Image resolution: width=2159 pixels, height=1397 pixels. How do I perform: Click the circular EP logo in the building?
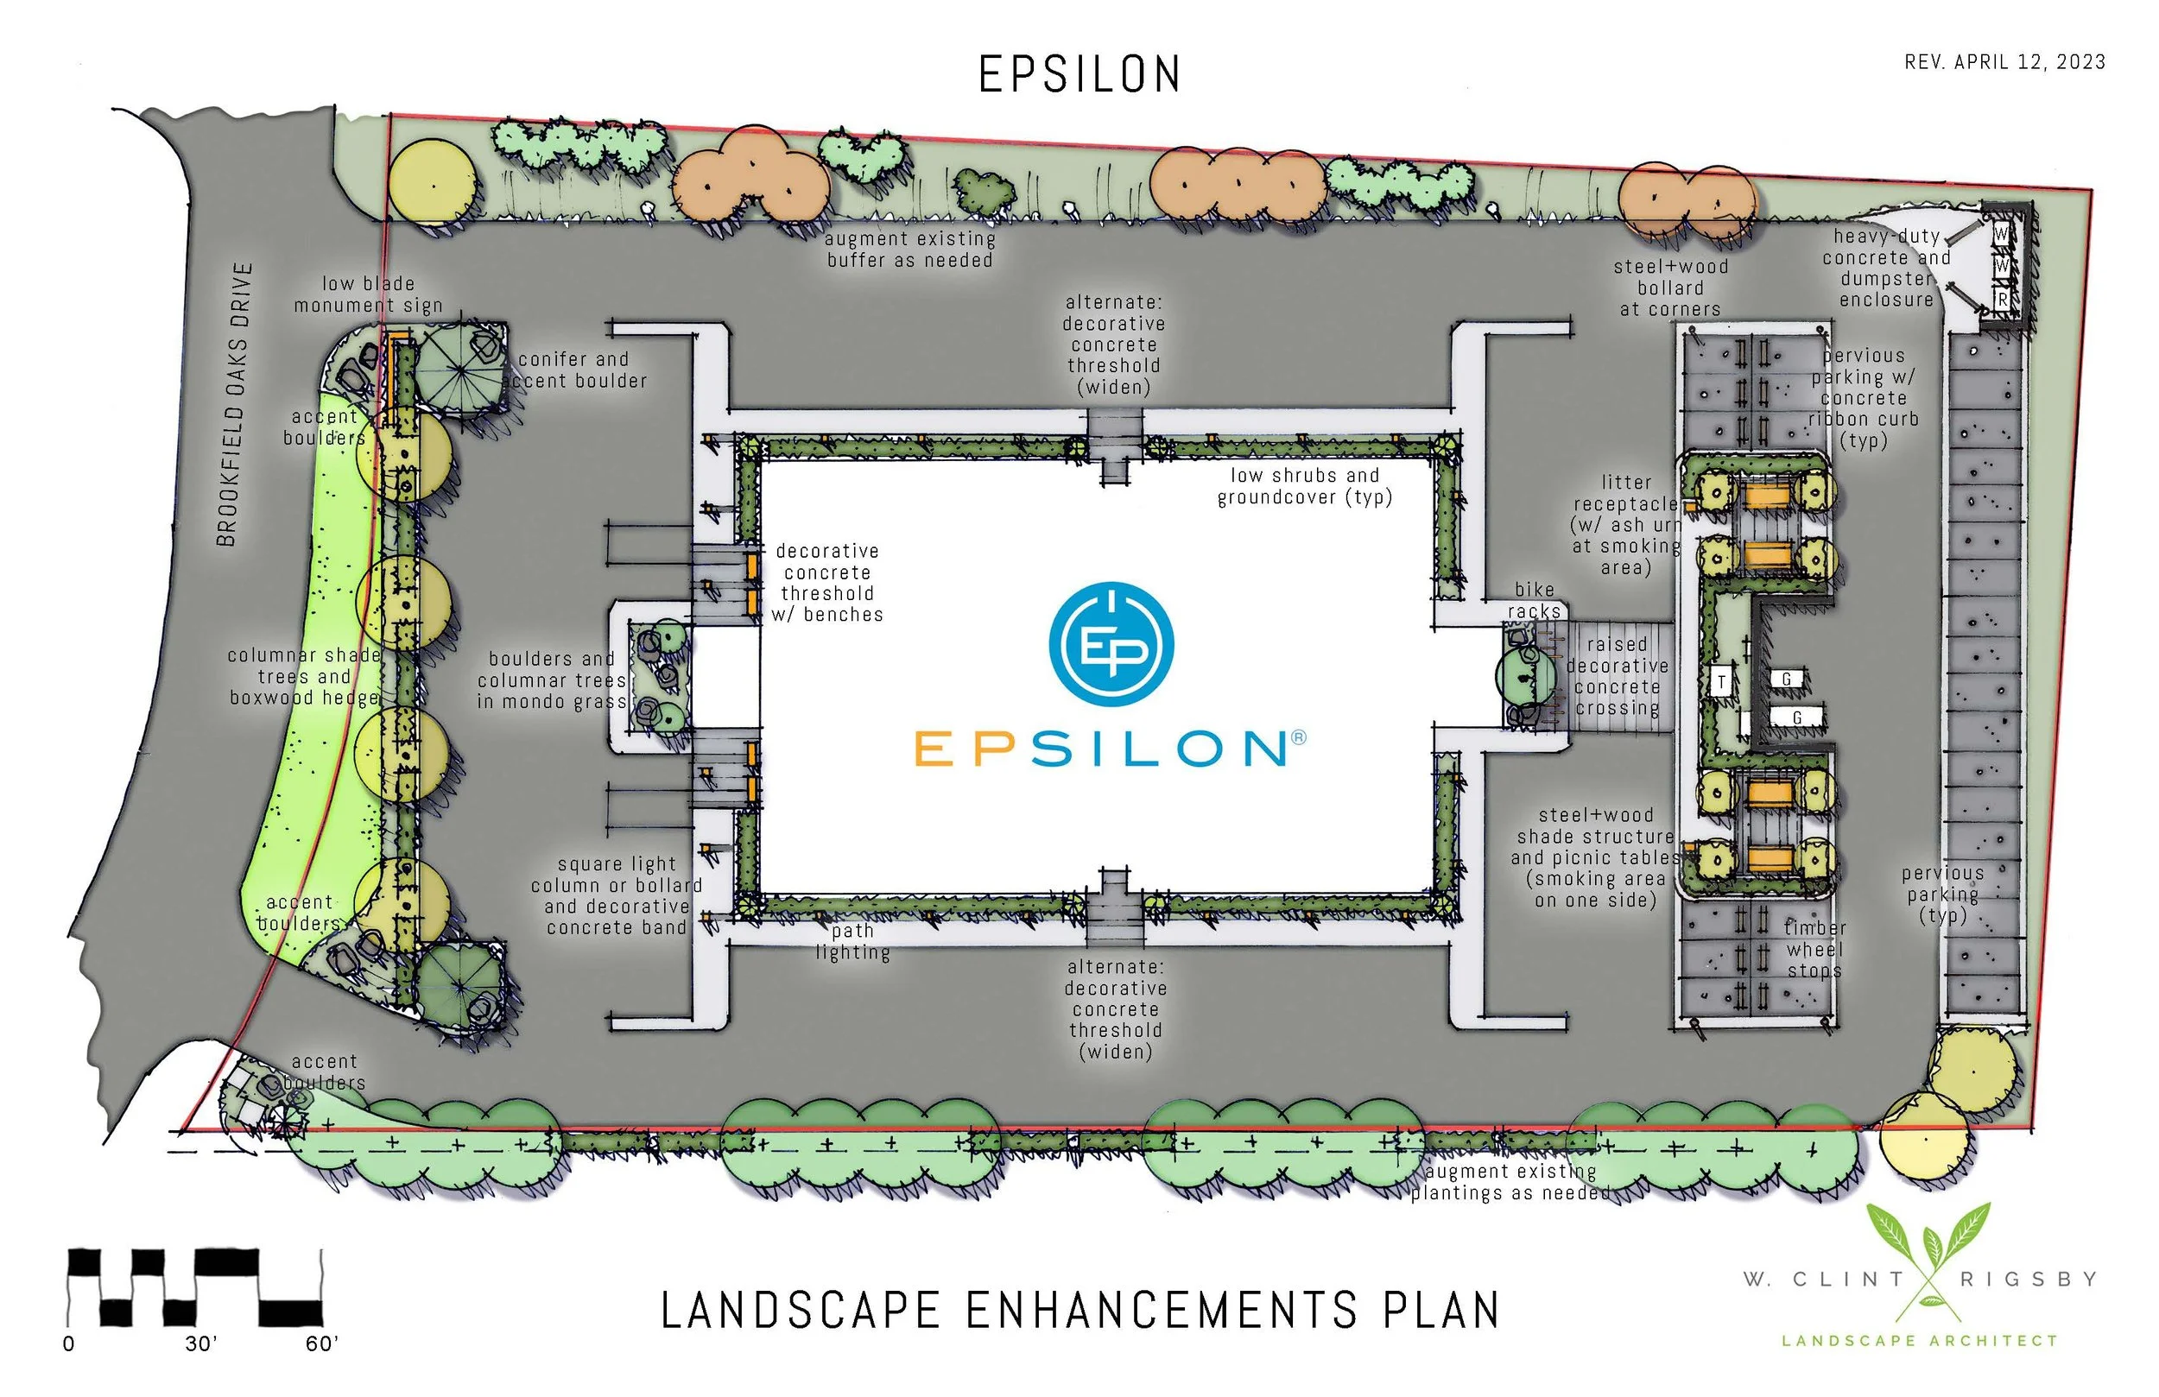coord(1111,643)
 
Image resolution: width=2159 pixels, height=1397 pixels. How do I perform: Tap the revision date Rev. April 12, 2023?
coord(2004,61)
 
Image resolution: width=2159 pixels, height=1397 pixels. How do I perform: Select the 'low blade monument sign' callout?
coord(368,294)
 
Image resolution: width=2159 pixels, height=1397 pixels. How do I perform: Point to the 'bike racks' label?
coord(1534,601)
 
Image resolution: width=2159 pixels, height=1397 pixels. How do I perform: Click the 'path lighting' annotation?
coord(852,942)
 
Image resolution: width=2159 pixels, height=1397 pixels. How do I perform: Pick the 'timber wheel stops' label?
coord(1814,949)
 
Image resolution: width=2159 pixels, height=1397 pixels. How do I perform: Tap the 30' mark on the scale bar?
coord(200,1343)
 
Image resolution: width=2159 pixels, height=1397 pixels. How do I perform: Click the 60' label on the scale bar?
coord(321,1343)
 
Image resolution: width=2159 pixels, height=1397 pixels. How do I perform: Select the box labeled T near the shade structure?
coord(1721,681)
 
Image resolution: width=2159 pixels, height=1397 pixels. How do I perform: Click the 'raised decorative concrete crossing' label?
coord(1617,676)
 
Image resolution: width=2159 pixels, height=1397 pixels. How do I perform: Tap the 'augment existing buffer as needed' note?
coord(910,250)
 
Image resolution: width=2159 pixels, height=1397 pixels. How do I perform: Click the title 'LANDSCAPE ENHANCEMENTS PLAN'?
coord(1079,1311)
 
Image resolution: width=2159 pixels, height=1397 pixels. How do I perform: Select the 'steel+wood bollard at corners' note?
coord(1670,288)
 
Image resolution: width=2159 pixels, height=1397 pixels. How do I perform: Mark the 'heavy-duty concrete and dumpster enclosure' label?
coord(1886,268)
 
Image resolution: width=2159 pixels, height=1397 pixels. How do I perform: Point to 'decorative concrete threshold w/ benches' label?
coord(826,583)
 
